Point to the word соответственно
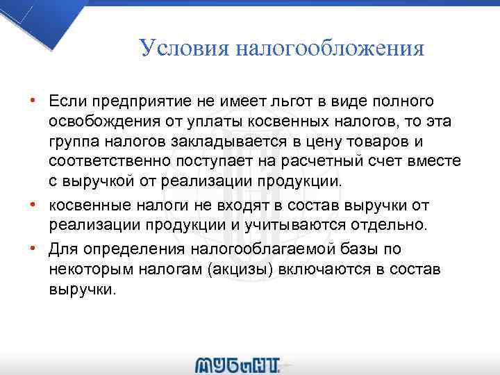coord(108,162)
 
